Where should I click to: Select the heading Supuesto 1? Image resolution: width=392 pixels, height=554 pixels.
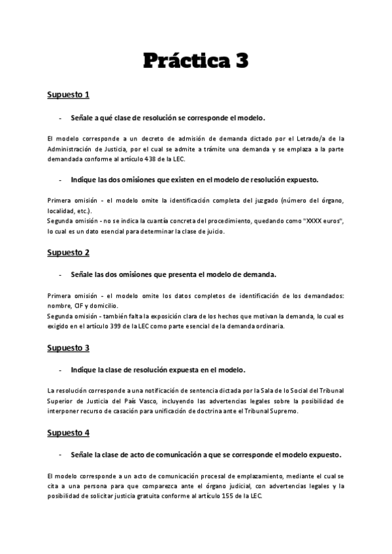tap(68, 95)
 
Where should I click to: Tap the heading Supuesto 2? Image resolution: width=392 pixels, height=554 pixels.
tap(68, 252)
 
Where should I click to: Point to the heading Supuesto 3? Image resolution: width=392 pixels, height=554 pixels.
tap(68, 348)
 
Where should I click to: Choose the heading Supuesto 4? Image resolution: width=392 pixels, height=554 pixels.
tap(68, 432)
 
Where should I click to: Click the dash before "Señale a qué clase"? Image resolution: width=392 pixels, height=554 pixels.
tap(60, 118)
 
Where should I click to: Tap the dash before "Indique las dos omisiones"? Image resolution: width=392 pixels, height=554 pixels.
tap(60, 179)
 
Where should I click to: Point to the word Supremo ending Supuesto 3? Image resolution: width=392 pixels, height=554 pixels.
tap(285, 411)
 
